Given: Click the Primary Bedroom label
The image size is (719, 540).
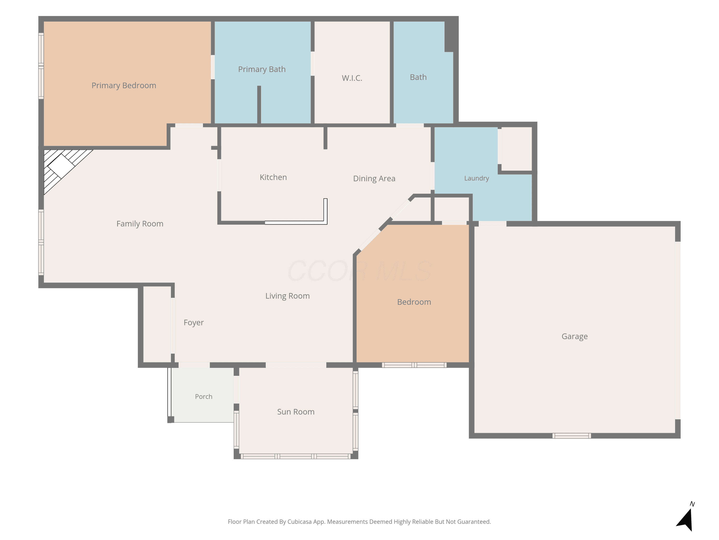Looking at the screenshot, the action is tap(124, 86).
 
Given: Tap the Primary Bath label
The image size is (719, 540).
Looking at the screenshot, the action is tap(262, 69).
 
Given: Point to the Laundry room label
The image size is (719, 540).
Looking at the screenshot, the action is tap(476, 178).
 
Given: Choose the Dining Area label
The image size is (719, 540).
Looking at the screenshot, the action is tap(374, 179).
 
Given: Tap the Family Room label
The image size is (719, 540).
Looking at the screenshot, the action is tap(140, 224).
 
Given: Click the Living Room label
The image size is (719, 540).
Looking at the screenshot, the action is tap(287, 296).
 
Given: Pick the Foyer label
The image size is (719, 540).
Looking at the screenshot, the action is tap(193, 323).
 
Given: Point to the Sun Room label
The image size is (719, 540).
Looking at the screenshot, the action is tap(296, 412).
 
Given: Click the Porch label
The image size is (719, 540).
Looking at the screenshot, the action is tap(203, 397).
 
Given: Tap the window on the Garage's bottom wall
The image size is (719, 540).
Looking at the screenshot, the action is tap(571, 436).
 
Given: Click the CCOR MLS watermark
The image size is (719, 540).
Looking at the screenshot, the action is tap(359, 271).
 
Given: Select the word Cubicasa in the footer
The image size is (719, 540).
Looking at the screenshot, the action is tap(299, 522).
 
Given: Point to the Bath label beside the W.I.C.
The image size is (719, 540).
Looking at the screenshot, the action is tap(418, 78).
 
